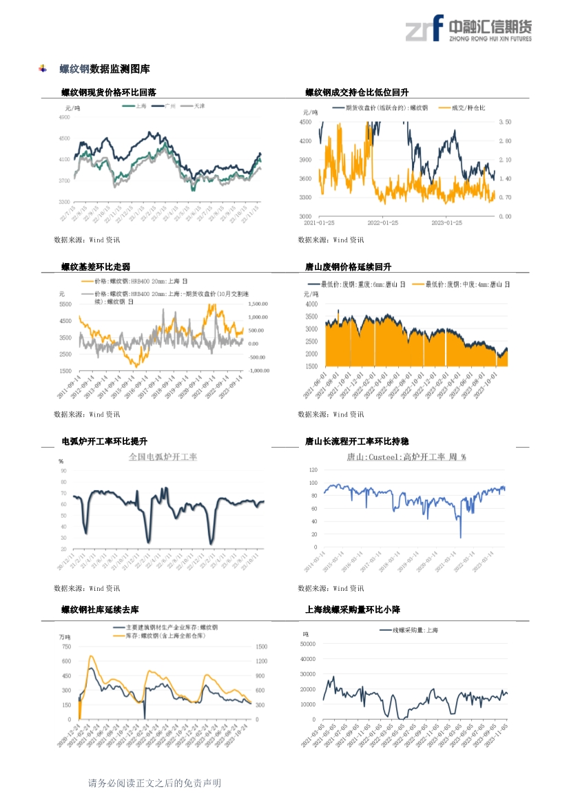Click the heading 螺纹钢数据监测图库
(104, 69)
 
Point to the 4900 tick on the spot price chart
(64, 118)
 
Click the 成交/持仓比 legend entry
(466, 108)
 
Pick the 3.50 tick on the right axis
(504, 122)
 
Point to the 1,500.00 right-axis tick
(257, 304)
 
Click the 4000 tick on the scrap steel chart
(311, 304)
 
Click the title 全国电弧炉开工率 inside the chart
(163, 457)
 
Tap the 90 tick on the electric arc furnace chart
(63, 472)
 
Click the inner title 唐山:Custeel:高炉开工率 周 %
(406, 457)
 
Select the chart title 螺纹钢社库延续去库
(100, 610)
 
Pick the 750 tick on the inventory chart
(65, 647)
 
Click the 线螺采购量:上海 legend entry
(415, 630)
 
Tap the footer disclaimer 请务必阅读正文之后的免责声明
(154, 783)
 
